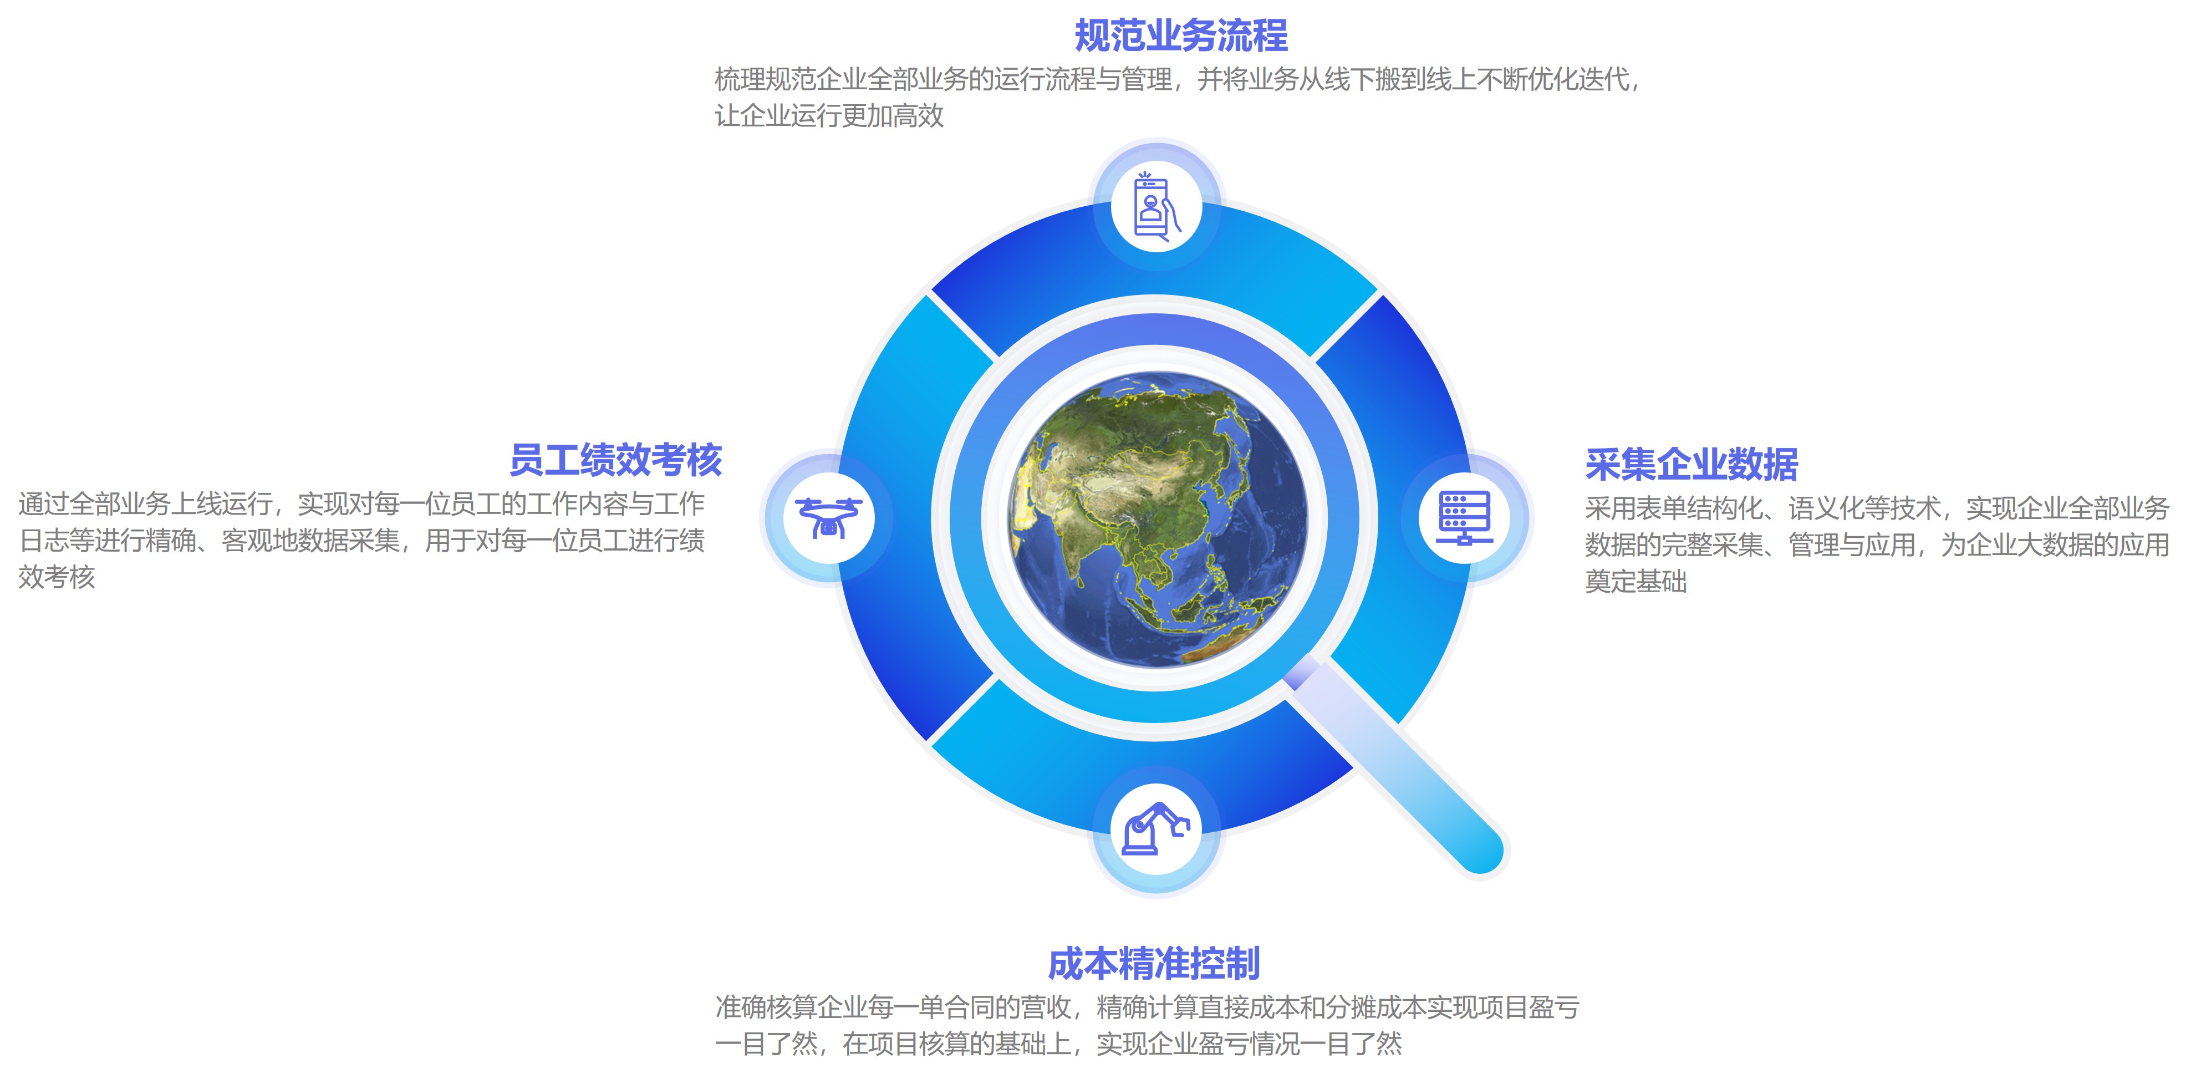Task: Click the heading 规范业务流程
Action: click(x=1181, y=36)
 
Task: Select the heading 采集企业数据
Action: click(x=1691, y=465)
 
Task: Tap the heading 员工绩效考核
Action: click(x=615, y=460)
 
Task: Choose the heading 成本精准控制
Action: click(x=1153, y=964)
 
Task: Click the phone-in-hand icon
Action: click(x=1157, y=207)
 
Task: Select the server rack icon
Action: click(x=1464, y=517)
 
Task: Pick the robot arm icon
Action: click(x=1156, y=828)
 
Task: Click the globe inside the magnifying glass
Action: click(x=1157, y=518)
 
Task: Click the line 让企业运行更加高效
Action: click(x=829, y=116)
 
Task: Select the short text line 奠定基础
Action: click(x=1636, y=581)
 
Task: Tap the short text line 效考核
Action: click(x=56, y=577)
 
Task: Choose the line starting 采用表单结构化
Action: click(x=1877, y=508)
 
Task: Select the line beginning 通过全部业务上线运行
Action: click(x=361, y=504)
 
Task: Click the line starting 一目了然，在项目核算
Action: click(x=1058, y=1044)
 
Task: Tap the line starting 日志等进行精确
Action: click(x=361, y=541)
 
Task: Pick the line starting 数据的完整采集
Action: click(x=1877, y=544)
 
